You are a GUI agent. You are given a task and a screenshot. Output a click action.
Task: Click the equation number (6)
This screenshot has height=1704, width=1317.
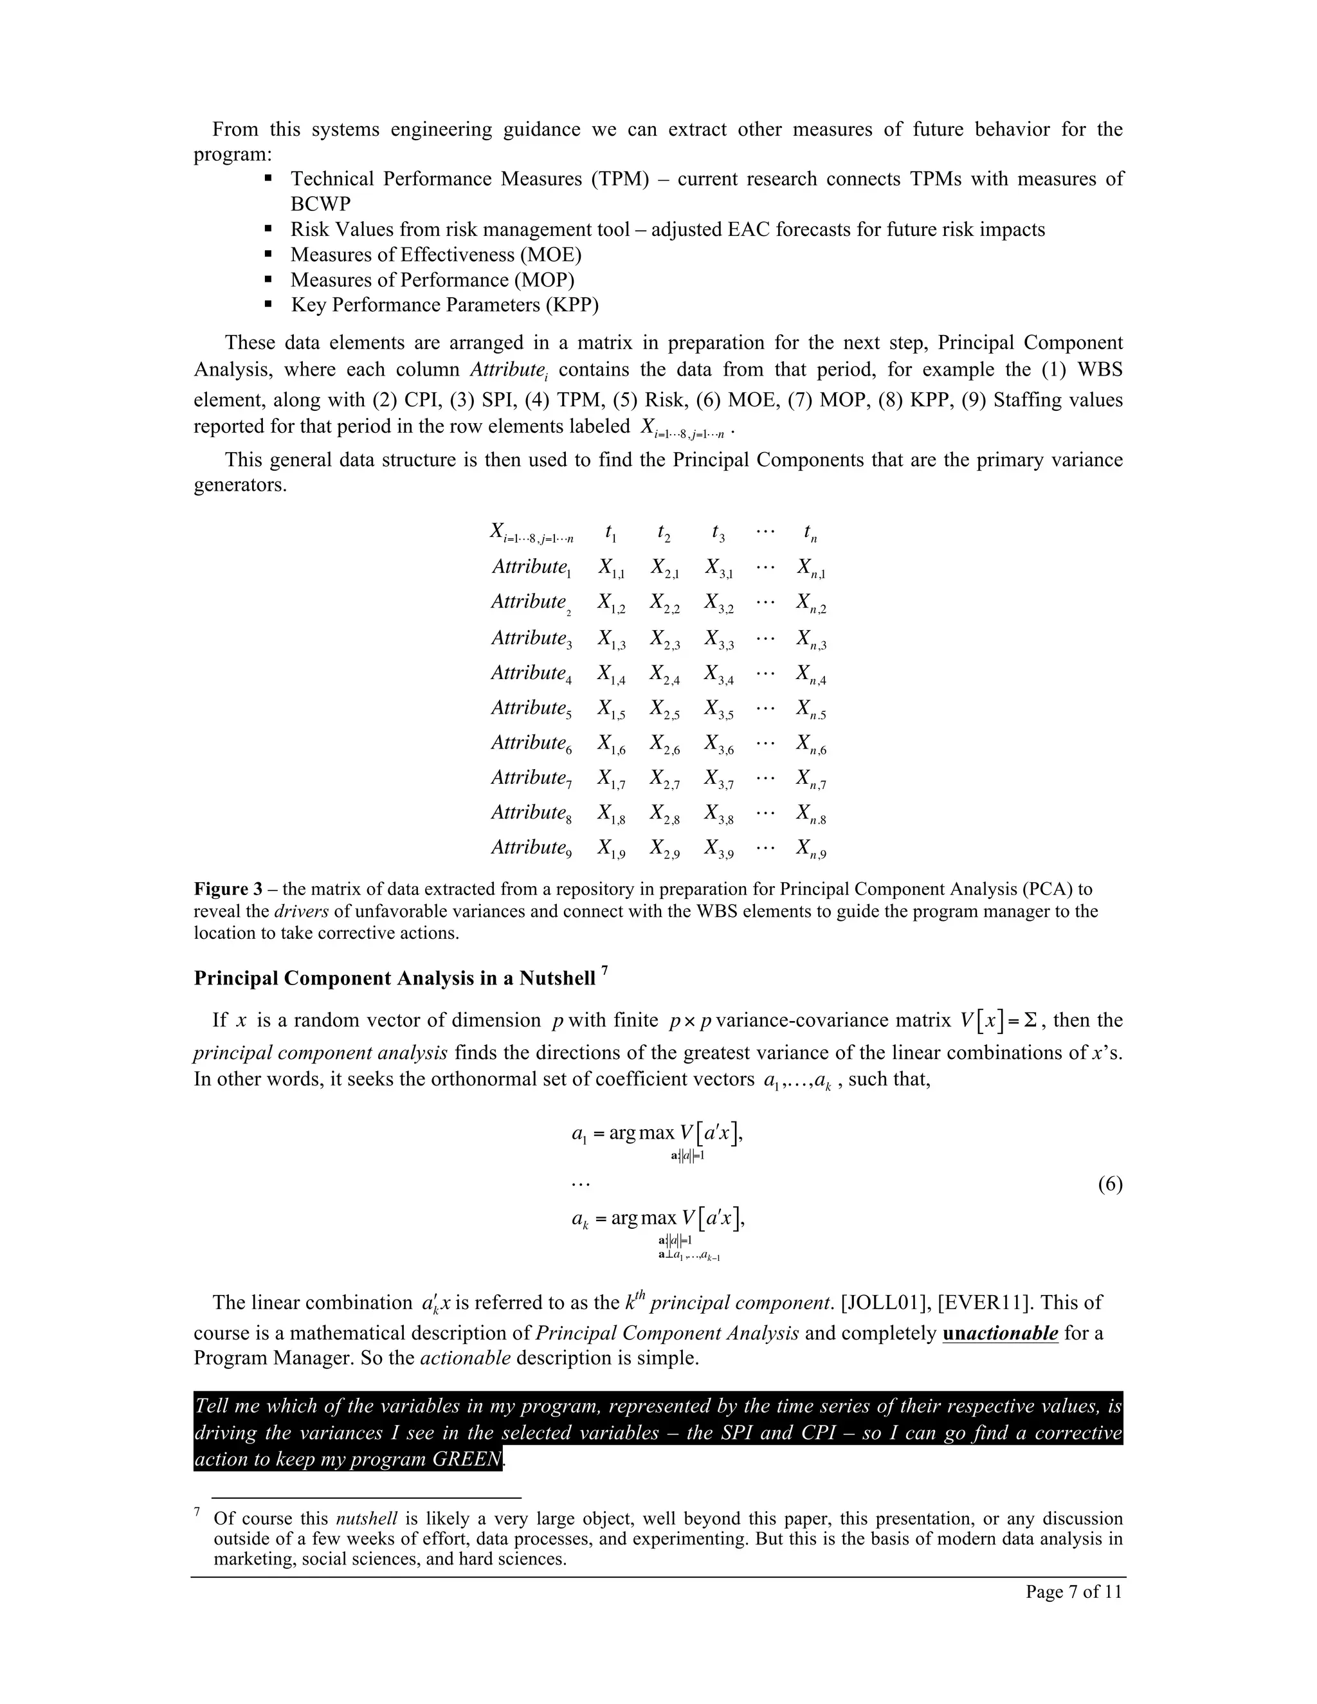pos(1109,1184)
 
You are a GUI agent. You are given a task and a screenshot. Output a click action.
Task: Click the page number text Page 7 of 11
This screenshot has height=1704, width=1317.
pos(1073,1591)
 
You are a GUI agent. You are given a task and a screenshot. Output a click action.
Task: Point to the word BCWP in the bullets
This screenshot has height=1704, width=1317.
pos(321,204)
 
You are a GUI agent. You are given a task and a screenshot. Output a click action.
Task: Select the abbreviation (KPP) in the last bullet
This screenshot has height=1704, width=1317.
pos(573,305)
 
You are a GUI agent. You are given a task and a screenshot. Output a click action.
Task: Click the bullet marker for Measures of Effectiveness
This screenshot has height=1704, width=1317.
pos(268,255)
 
